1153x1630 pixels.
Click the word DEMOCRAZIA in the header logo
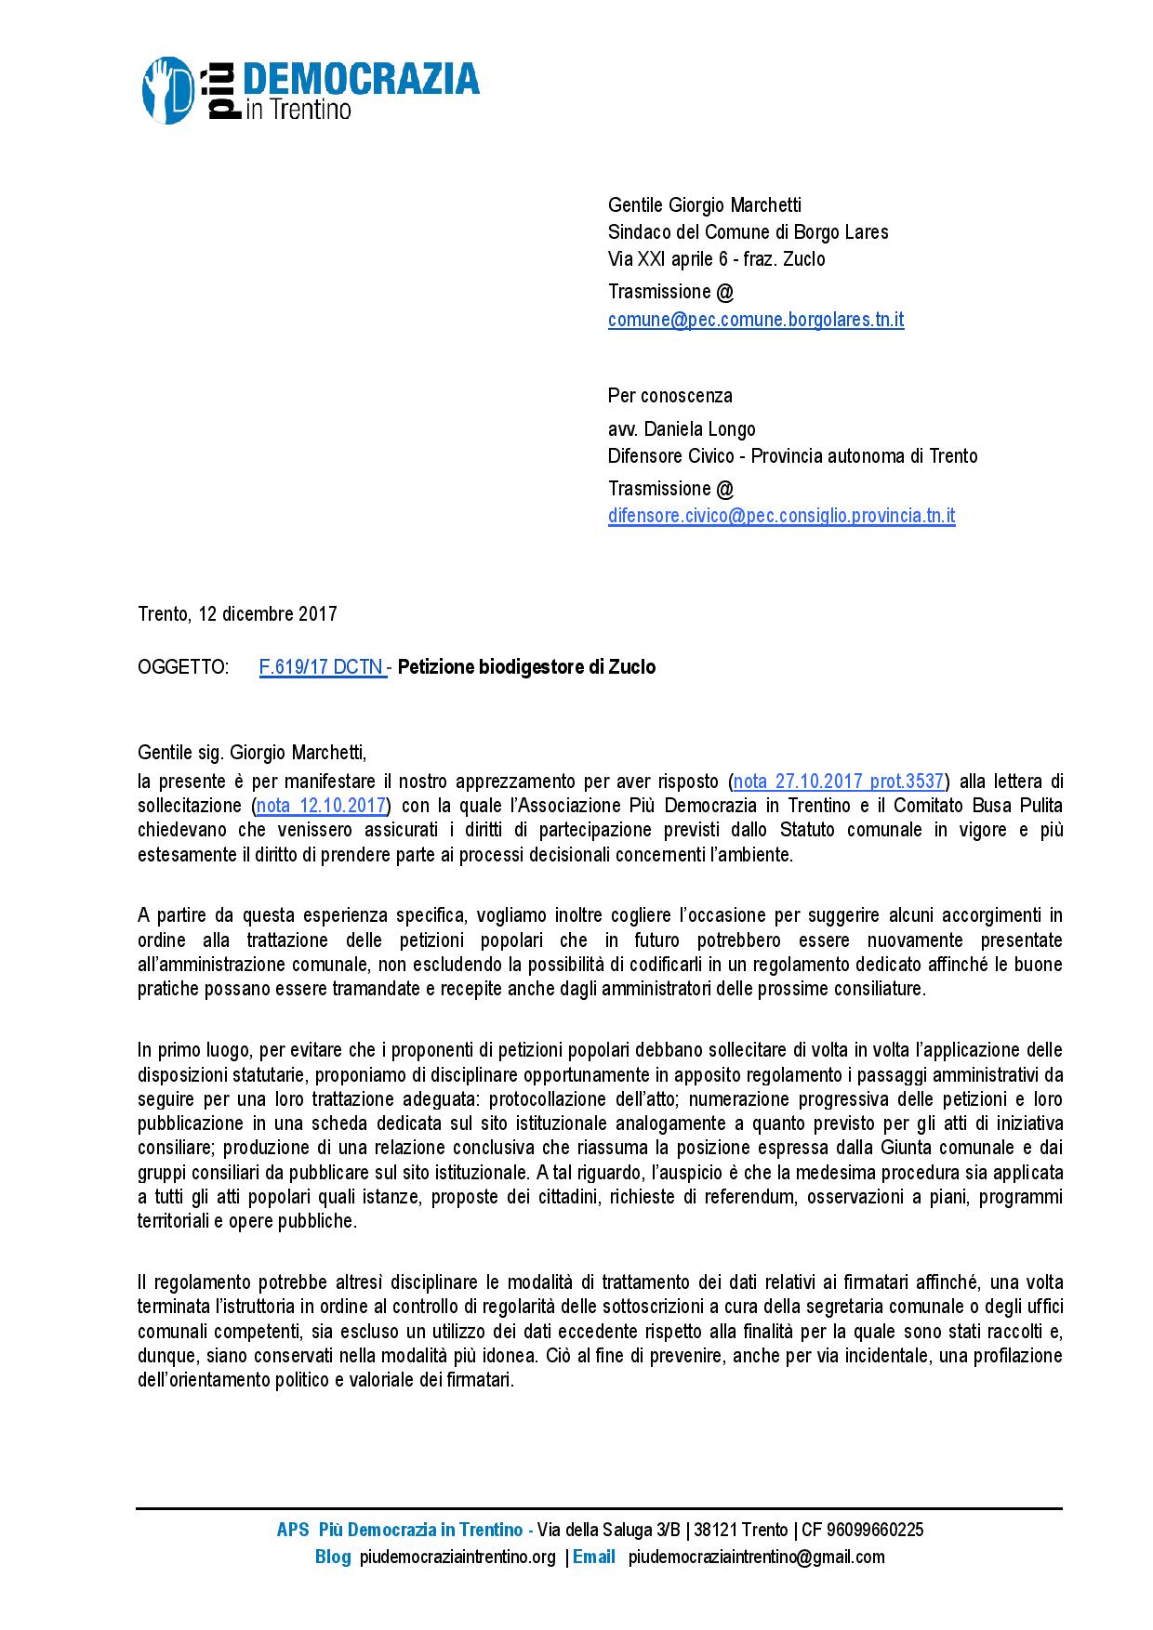(x=361, y=81)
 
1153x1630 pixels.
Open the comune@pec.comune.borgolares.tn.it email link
(x=756, y=320)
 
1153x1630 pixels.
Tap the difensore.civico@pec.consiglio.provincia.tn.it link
(x=781, y=516)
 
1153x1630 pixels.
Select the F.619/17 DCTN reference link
(x=323, y=667)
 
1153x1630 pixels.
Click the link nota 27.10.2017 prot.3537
(x=839, y=781)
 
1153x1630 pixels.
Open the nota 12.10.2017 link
(x=321, y=805)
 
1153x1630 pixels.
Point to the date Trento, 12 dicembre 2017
(x=237, y=614)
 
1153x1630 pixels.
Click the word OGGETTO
(x=183, y=667)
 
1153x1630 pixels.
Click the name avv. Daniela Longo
(x=682, y=428)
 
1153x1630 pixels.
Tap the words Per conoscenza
(x=670, y=396)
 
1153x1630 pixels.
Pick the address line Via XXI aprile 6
(x=666, y=259)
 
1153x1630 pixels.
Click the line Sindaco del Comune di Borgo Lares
(x=748, y=232)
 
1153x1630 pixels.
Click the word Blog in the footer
(x=333, y=1557)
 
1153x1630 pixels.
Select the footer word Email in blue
(x=594, y=1557)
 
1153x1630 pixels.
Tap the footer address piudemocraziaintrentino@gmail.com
(x=756, y=1557)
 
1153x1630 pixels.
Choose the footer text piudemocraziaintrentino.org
(x=457, y=1557)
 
